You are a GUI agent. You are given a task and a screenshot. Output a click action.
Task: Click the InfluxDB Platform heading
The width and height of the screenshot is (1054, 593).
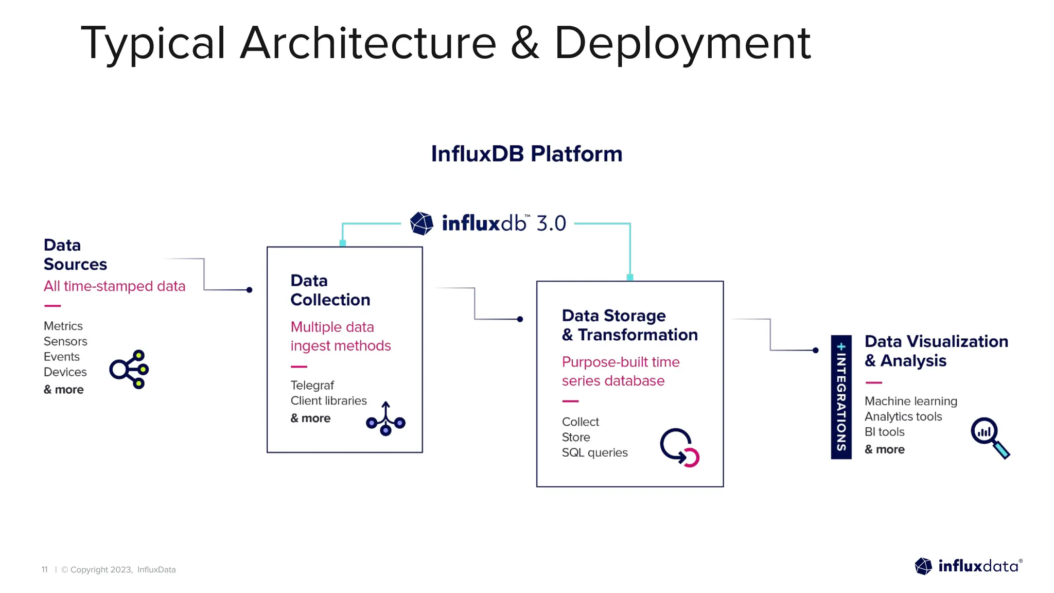pyautogui.click(x=526, y=154)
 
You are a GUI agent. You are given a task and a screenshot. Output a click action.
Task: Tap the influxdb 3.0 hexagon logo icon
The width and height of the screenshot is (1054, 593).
pyautogui.click(x=421, y=223)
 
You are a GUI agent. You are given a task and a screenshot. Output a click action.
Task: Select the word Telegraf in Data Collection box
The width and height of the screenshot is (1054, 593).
pyautogui.click(x=312, y=385)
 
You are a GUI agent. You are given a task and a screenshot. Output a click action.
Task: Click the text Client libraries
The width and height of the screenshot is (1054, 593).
pyautogui.click(x=328, y=400)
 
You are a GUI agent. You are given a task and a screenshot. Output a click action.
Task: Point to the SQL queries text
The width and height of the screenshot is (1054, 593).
pyautogui.click(x=594, y=452)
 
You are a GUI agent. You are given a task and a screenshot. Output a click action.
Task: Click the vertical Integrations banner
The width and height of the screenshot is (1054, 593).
pyautogui.click(x=841, y=397)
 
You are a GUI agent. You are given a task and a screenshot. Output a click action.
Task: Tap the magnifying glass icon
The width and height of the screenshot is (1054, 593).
pyautogui.click(x=990, y=437)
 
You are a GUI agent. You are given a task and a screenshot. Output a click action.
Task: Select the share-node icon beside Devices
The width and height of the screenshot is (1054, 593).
pyautogui.click(x=129, y=369)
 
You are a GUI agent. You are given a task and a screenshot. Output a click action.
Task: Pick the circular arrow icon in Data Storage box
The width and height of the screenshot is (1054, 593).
pyautogui.click(x=679, y=447)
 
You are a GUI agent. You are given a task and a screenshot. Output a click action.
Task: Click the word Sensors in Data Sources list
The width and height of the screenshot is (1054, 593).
pyautogui.click(x=65, y=341)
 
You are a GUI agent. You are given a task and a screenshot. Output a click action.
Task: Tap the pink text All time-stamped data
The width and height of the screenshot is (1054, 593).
pyautogui.click(x=114, y=286)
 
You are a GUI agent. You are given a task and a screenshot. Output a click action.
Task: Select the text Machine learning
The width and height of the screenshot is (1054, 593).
pyautogui.click(x=910, y=401)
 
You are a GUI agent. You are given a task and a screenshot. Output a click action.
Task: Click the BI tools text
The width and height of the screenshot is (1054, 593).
pyautogui.click(x=884, y=432)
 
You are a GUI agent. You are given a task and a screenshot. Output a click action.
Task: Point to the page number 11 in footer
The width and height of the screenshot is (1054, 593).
pyautogui.click(x=45, y=569)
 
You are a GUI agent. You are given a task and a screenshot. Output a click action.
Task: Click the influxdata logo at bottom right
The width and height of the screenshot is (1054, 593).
pyautogui.click(x=968, y=566)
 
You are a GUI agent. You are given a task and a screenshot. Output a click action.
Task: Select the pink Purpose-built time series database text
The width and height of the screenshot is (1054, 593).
pyautogui.click(x=620, y=371)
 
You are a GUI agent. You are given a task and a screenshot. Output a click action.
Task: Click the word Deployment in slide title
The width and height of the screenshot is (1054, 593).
pyautogui.click(x=682, y=43)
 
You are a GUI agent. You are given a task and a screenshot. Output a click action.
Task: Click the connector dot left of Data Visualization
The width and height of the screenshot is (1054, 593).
pyautogui.click(x=815, y=350)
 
